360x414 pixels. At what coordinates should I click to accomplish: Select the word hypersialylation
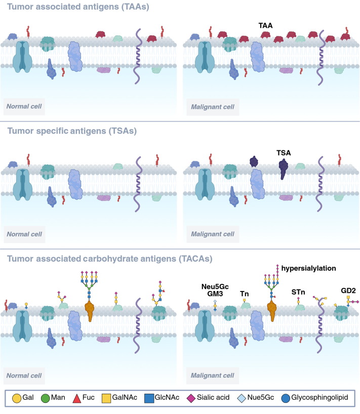309,269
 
